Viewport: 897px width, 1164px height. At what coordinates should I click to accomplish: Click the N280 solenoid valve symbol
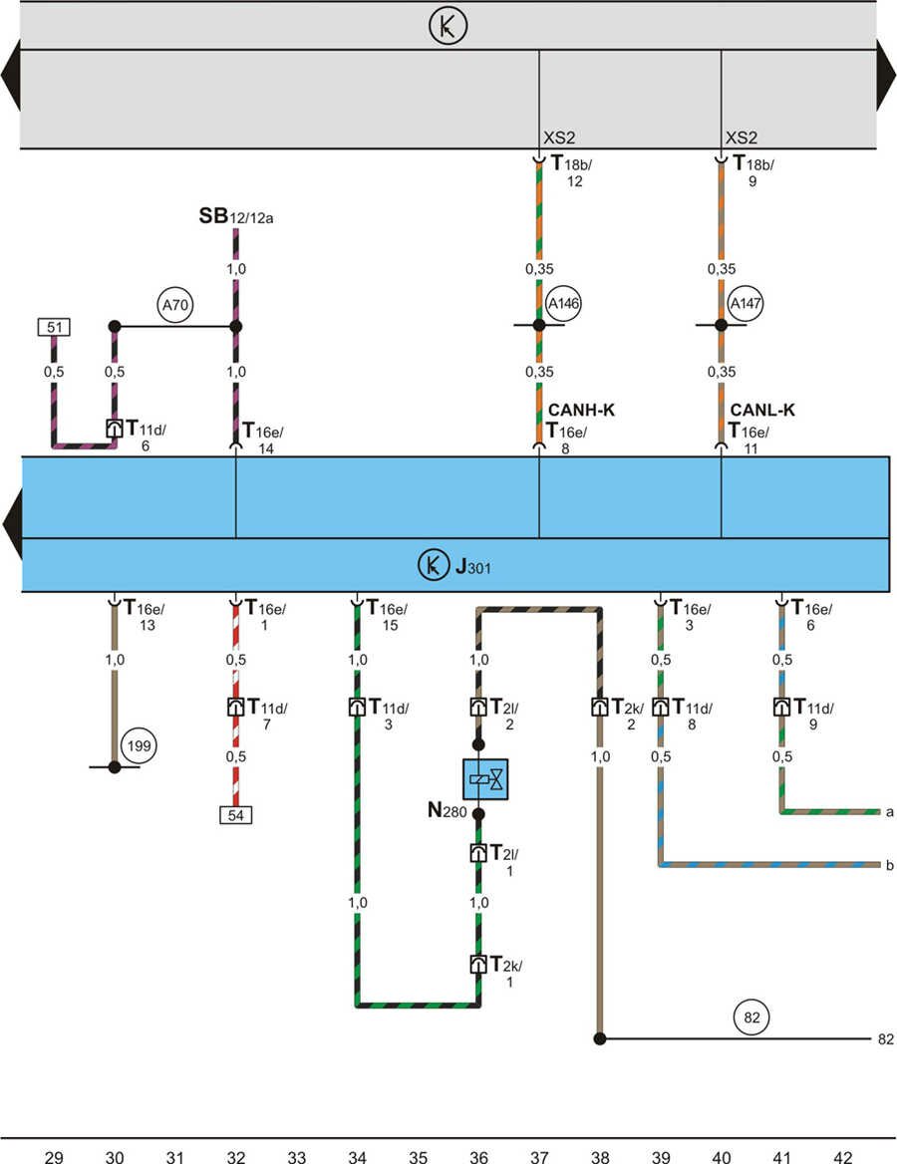coord(485,778)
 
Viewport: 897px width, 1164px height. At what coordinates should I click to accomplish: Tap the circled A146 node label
coord(561,302)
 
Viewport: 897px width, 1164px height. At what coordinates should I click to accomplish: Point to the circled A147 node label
coord(744,302)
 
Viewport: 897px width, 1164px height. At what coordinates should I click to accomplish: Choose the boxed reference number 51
coord(53,326)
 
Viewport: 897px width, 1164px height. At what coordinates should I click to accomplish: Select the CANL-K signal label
coord(762,410)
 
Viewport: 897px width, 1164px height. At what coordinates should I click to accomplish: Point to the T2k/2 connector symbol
coord(600,708)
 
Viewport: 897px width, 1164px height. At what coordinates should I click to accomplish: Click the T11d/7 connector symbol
coord(236,708)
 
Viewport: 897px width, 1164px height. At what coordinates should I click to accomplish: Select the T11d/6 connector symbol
coord(115,429)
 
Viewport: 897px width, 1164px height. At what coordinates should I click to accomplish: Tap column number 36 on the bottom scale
coord(478,1156)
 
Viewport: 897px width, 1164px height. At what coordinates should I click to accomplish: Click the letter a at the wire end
coord(888,812)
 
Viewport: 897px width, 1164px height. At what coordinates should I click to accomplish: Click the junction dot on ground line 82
coord(600,1039)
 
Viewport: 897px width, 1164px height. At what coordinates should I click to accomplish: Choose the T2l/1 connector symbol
coord(478,853)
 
